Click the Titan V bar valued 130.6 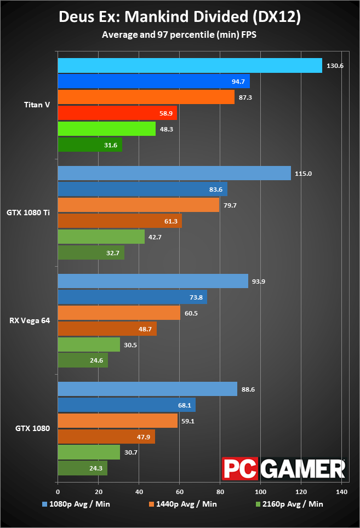190,65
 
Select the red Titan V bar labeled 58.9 117,113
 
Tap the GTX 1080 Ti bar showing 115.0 174,173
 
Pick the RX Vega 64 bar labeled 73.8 133,297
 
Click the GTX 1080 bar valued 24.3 83,468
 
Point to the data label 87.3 245,97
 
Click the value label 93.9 259,282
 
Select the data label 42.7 155,237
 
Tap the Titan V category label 37,105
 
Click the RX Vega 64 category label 30,320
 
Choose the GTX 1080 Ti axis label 28,213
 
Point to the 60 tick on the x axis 180,492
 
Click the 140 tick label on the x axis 341,492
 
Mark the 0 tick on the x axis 58,492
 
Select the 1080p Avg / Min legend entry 76,504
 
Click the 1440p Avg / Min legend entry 183,504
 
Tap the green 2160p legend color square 258,504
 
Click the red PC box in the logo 240,469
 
